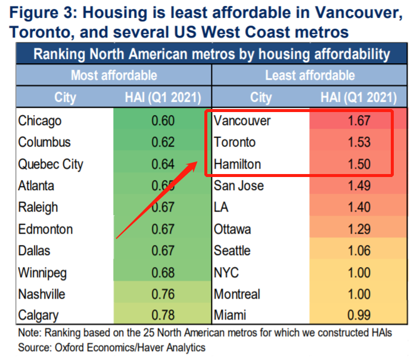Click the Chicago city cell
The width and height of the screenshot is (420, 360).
point(40,121)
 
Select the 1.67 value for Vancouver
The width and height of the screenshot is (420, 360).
point(359,121)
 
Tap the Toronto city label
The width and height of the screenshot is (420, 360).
point(235,142)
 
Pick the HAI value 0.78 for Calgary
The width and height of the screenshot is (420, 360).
point(163,316)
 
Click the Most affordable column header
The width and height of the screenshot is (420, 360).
point(114,75)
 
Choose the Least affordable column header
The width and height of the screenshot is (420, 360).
point(310,75)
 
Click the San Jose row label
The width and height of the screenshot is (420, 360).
point(239,186)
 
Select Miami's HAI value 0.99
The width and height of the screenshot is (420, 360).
point(359,316)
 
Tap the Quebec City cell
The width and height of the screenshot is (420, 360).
point(51,165)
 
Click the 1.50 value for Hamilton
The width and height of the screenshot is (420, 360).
point(359,165)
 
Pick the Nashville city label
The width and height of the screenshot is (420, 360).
point(42,294)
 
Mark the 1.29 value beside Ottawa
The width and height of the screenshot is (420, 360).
point(359,229)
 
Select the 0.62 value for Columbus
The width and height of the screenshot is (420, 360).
point(163,142)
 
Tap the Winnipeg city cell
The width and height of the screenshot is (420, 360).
point(42,273)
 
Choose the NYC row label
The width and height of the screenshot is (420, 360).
point(227,273)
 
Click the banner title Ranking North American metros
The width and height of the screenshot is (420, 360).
point(211,55)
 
